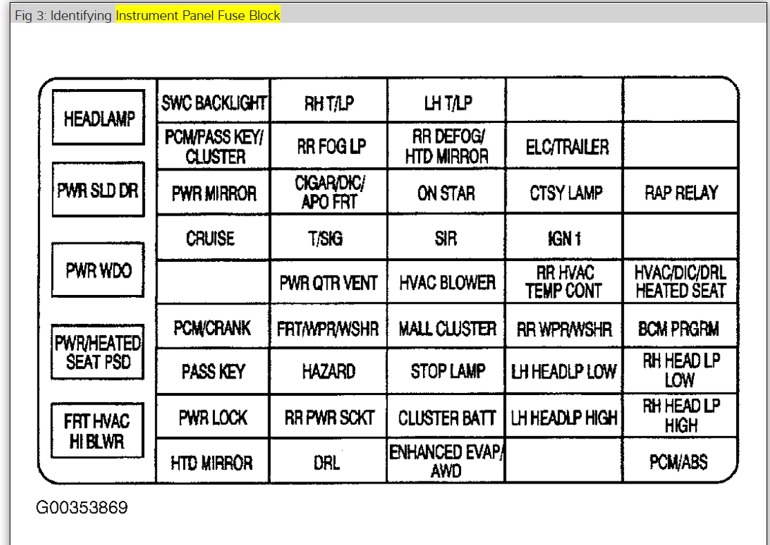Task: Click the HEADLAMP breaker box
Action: click(98, 118)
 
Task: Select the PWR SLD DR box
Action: click(98, 190)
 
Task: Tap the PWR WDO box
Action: click(98, 269)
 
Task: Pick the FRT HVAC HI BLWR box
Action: click(97, 430)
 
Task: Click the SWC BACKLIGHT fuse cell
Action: click(214, 103)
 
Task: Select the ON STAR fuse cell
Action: click(446, 193)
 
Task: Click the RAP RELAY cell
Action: click(681, 193)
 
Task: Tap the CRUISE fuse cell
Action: click(211, 238)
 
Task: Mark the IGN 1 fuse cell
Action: click(563, 238)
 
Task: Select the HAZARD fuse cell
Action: click(329, 371)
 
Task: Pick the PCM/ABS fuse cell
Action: click(678, 461)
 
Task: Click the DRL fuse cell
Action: click(327, 461)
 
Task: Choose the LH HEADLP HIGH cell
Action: click(564, 418)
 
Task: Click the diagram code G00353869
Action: click(82, 508)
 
